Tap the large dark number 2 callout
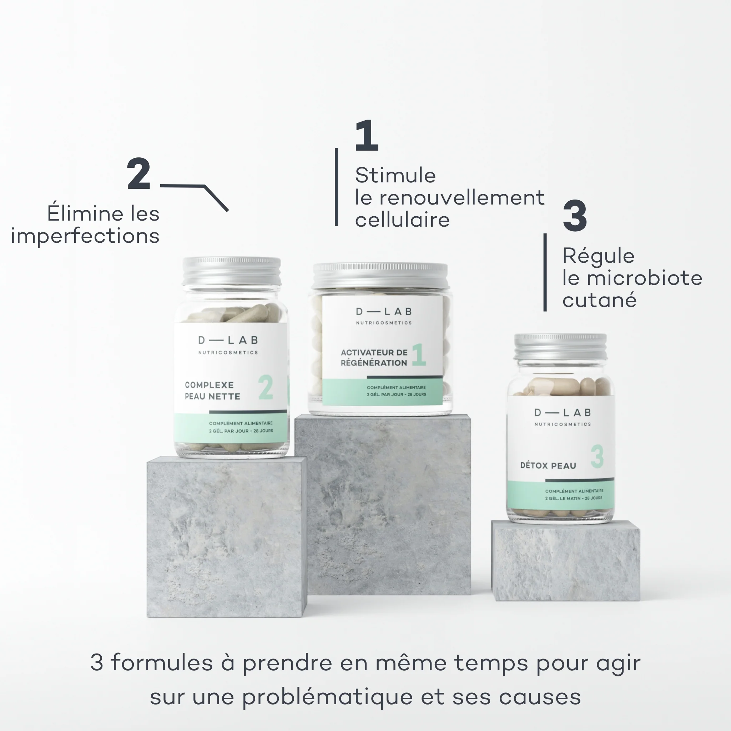[x=139, y=174]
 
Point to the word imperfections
[x=85, y=237]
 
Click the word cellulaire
[x=402, y=220]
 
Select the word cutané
[x=599, y=300]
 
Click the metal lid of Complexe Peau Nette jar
[x=232, y=271]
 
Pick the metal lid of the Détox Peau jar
[x=560, y=347]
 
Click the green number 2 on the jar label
[x=266, y=387]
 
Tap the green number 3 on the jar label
[x=597, y=456]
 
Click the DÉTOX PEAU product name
[x=548, y=465]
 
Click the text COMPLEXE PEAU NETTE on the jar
[x=212, y=390]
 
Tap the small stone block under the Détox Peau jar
[x=566, y=560]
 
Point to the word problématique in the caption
[x=327, y=697]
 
